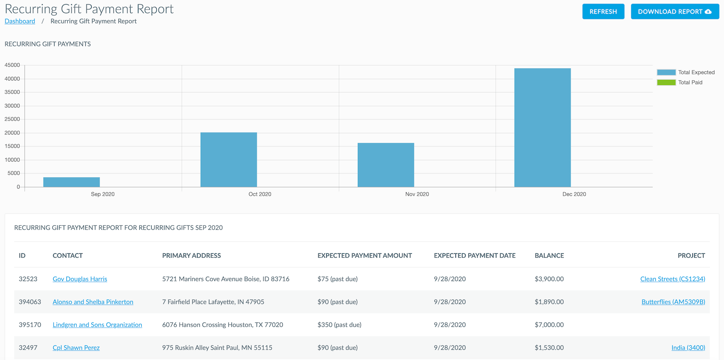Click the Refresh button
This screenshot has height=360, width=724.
603,11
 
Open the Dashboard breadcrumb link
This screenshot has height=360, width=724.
20,21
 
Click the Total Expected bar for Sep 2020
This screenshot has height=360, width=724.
71,182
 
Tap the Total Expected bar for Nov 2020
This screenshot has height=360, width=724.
385,165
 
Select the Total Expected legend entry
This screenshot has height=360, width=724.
686,72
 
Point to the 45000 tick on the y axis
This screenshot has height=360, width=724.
12,65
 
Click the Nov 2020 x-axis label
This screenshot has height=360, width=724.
417,194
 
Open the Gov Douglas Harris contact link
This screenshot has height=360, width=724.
80,279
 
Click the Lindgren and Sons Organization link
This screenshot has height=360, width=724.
97,325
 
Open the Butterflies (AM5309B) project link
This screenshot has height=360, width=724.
673,302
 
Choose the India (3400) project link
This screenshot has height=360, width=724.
688,348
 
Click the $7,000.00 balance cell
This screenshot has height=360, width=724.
549,325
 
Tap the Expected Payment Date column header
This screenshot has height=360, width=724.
474,256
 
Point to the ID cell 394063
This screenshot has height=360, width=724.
30,302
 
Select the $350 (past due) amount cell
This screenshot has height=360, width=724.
339,325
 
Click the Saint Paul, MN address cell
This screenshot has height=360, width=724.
217,348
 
